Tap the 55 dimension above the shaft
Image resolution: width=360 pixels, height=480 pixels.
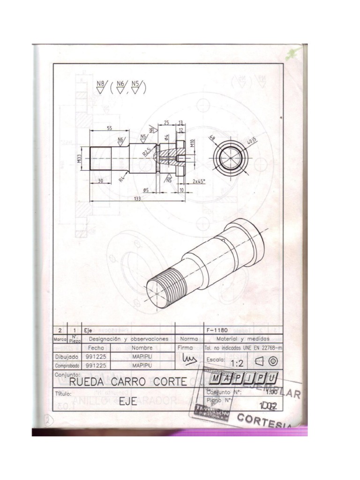[x=109, y=127]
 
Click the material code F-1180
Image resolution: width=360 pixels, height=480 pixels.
[x=217, y=330]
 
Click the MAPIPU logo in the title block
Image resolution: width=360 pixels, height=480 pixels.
[x=243, y=378]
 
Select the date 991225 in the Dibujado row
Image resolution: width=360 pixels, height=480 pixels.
[x=96, y=356]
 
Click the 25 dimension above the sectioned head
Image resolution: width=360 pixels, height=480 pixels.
[x=166, y=122]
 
